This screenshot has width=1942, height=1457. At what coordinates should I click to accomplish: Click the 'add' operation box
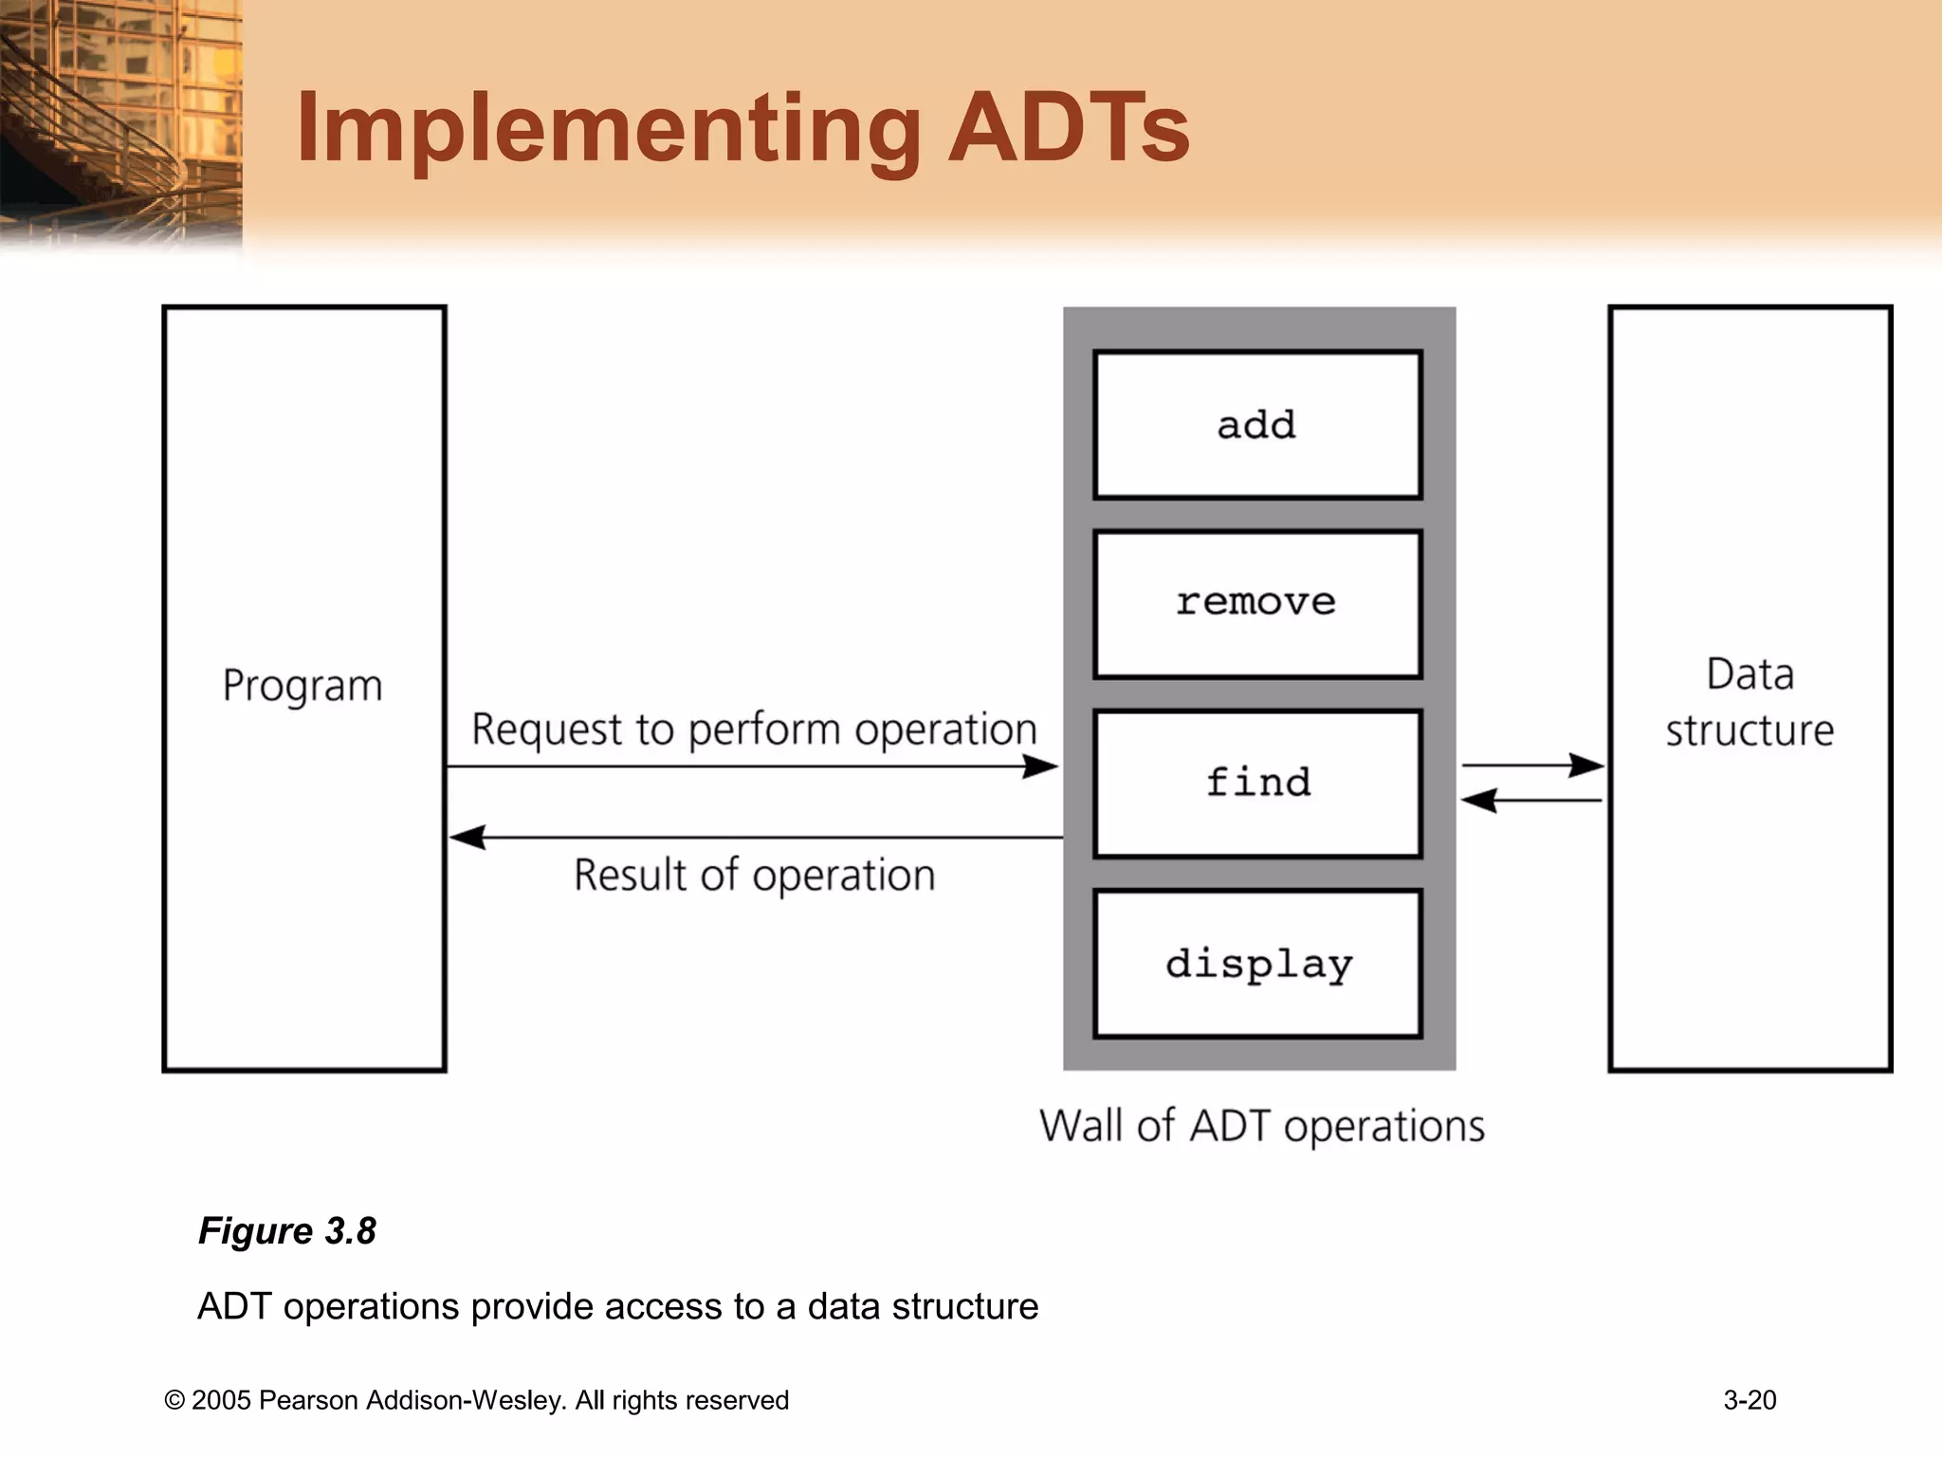[x=1257, y=425]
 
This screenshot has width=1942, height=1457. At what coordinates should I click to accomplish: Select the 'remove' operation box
[x=1257, y=603]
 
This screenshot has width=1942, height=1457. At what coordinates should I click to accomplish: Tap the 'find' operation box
[x=1257, y=784]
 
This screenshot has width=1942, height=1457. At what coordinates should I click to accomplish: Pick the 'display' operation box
[x=1257, y=964]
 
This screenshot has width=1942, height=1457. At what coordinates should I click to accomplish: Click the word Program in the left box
[x=302, y=686]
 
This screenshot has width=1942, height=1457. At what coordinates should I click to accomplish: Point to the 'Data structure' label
[x=1750, y=703]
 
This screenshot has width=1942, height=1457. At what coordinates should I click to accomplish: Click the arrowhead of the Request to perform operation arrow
[x=1043, y=766]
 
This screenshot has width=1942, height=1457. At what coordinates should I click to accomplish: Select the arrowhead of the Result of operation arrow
[x=466, y=838]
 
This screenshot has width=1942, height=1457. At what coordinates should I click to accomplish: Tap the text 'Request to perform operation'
[x=754, y=730]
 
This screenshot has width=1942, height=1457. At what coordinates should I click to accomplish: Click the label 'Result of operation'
[x=754, y=875]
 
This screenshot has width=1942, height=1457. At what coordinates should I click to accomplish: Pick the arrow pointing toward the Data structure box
[x=1532, y=765]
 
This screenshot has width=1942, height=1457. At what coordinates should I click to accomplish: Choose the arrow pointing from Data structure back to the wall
[x=1530, y=801]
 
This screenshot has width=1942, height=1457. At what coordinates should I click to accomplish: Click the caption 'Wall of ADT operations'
[x=1261, y=1127]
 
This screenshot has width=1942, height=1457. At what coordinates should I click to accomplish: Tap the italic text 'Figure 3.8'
[x=286, y=1231]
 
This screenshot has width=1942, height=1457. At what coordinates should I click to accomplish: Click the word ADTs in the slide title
[x=1069, y=128]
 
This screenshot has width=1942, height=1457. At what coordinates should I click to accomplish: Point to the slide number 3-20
[x=1750, y=1400]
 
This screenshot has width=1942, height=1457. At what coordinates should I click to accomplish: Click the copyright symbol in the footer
[x=174, y=1401]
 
